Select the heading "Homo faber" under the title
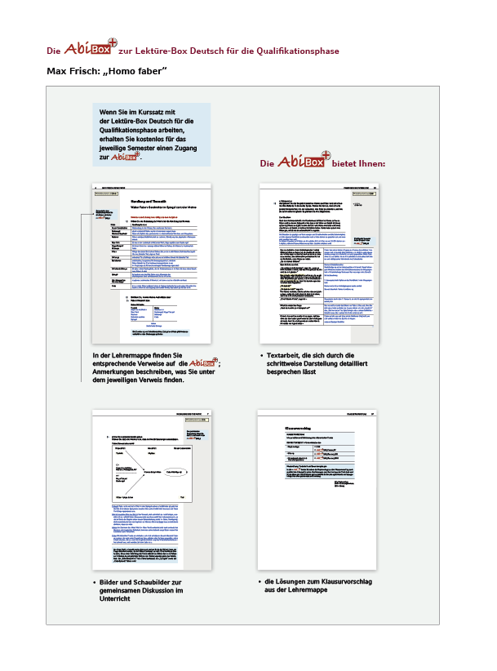pos(140,72)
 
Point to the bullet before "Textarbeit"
pos(260,357)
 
